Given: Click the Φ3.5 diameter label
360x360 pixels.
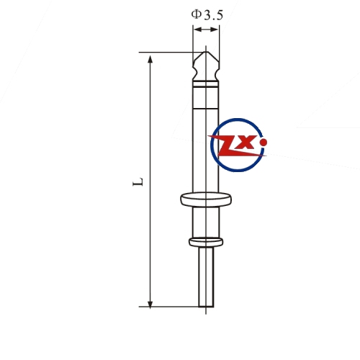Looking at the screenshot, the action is click(x=207, y=15).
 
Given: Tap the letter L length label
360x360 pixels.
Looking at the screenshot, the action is click(x=138, y=182).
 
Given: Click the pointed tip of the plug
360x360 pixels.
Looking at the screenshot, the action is click(x=206, y=52).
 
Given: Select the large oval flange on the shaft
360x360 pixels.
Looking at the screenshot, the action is click(x=206, y=199).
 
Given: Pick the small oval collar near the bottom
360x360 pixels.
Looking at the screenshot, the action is click(x=206, y=242).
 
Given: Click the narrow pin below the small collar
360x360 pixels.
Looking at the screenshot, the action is click(x=206, y=277).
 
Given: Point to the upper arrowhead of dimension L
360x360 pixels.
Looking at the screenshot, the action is click(x=150, y=59).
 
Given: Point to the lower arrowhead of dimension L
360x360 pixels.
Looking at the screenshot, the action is click(x=150, y=304).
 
